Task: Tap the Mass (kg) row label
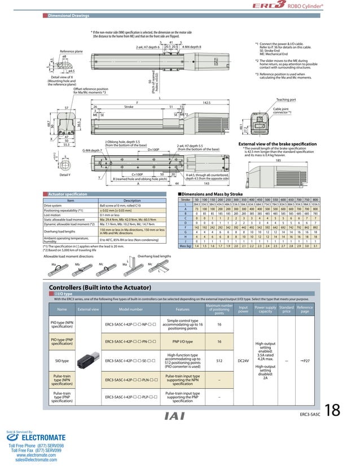tap(183, 247)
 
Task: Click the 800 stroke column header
tap(315, 200)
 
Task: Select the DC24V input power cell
tap(243, 359)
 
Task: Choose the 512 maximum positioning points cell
tap(219, 359)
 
